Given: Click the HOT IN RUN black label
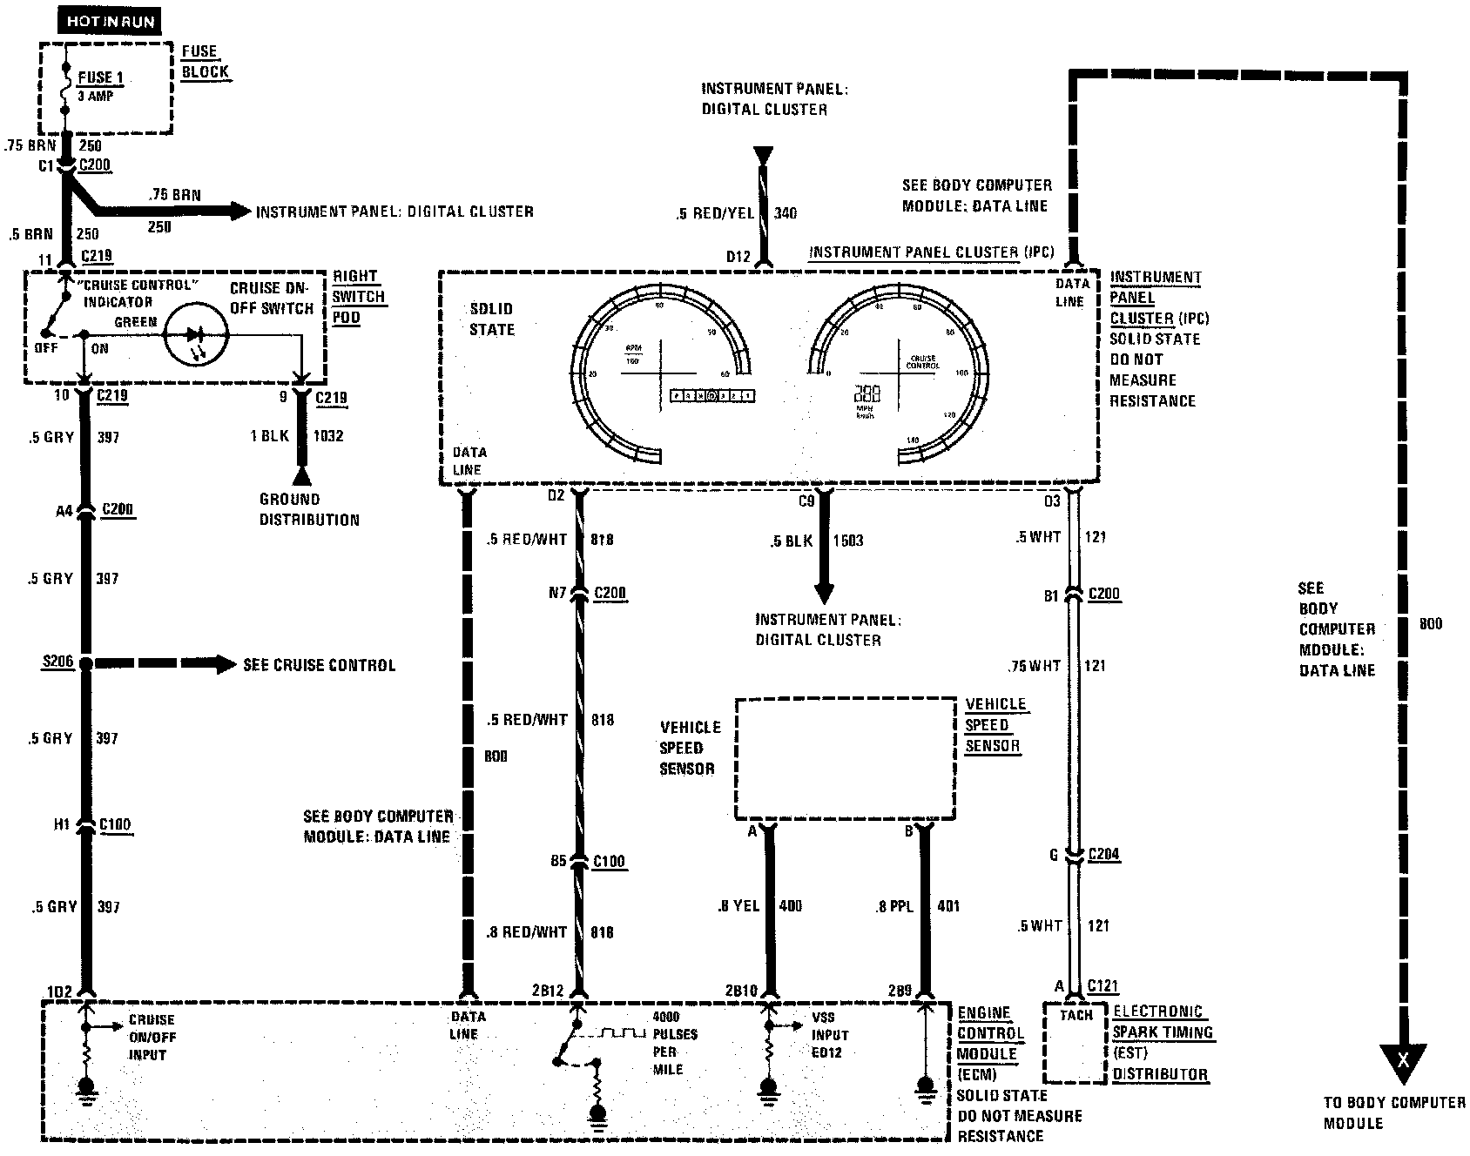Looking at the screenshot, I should [109, 20].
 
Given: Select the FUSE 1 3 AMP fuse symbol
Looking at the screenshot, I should [65, 87].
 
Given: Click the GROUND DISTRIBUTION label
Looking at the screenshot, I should [308, 509].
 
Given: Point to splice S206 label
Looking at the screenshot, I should [57, 663].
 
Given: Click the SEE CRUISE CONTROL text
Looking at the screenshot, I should [319, 665].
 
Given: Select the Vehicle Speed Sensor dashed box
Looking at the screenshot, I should [845, 757].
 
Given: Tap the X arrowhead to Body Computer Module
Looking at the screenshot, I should [1402, 1061].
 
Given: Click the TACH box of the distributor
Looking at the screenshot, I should [1076, 1042].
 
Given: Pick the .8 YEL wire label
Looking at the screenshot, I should [738, 906].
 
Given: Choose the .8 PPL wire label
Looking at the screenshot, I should [893, 906].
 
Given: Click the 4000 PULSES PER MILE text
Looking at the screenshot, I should [675, 1043].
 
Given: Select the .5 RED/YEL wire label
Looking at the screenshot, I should [713, 213].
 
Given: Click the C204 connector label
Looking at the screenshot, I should [1103, 854].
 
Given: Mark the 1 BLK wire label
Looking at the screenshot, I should [269, 435].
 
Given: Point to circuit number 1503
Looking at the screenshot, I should [847, 541].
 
